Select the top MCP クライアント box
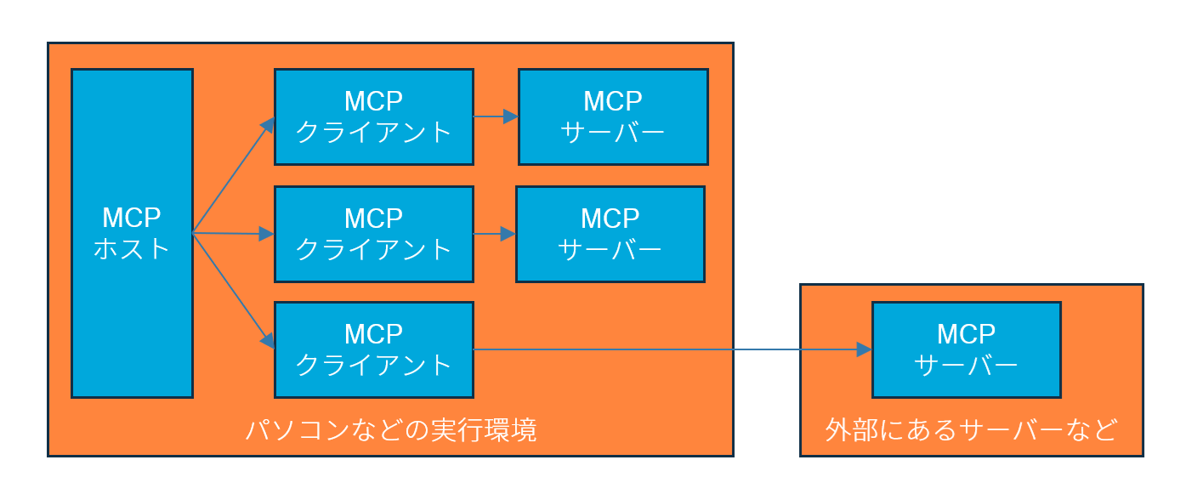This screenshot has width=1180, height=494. tap(373, 116)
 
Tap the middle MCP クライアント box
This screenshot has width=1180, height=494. tap(373, 234)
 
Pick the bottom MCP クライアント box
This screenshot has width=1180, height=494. tap(373, 349)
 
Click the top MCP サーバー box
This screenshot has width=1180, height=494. tap(613, 116)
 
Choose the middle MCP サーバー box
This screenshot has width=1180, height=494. tap(610, 234)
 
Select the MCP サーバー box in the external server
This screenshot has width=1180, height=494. tap(966, 349)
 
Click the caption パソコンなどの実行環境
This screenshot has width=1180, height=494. tap(391, 430)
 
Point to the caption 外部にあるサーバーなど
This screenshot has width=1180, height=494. tap(971, 430)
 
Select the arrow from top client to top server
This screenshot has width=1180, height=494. tap(495, 116)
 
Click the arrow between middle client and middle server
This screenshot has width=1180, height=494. tap(493, 234)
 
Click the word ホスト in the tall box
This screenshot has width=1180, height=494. tap(132, 250)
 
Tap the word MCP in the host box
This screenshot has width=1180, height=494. tap(132, 218)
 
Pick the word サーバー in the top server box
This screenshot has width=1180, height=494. tap(613, 133)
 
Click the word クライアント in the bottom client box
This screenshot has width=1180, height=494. tap(373, 365)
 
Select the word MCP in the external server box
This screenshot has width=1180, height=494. tap(966, 333)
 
